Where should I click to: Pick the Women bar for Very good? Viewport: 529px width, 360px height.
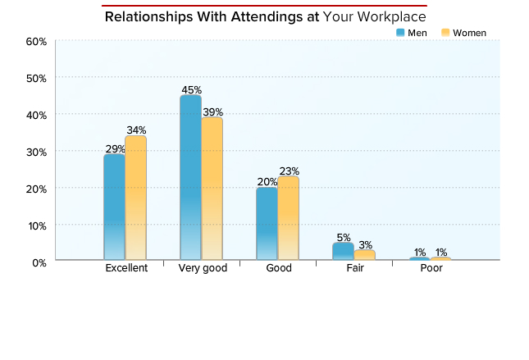click(x=212, y=189)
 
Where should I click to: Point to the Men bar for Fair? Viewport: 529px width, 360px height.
click(x=343, y=251)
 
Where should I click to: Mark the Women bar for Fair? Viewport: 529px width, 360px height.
click(x=364, y=255)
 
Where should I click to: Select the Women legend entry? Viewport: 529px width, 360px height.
click(x=464, y=33)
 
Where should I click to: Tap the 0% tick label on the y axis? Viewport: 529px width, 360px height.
click(x=38, y=262)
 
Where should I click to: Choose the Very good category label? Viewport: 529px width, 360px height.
click(x=203, y=268)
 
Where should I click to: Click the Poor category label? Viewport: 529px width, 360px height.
click(x=431, y=268)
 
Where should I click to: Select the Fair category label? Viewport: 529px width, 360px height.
click(x=355, y=268)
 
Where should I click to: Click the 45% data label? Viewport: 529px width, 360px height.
click(x=191, y=89)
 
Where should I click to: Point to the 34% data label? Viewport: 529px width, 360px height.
click(x=135, y=130)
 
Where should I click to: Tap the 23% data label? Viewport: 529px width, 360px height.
click(x=289, y=171)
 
